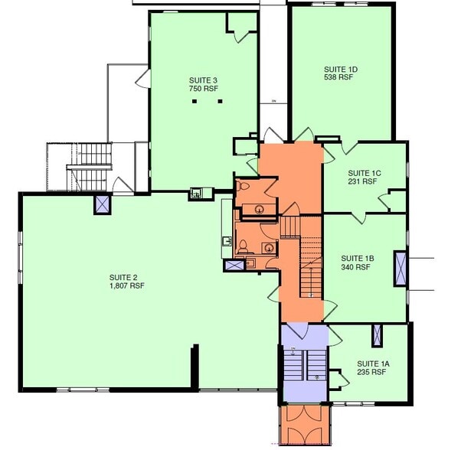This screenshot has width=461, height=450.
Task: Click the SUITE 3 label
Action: [204, 80]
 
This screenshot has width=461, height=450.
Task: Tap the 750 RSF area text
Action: [204, 89]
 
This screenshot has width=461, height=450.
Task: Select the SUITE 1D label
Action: [341, 70]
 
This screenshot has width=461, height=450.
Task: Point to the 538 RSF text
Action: [338, 78]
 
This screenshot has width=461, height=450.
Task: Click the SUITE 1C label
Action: [363, 173]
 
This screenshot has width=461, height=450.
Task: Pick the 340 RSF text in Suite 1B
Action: [356, 267]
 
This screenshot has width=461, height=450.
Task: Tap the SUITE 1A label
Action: [373, 364]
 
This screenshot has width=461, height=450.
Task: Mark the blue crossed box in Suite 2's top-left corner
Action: [103, 204]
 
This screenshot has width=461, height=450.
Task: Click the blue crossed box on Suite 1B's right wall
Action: [400, 269]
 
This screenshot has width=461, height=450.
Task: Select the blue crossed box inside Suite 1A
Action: [376, 335]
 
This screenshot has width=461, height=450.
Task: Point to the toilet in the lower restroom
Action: [243, 246]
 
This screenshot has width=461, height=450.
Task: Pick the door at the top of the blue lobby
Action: [297, 331]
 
